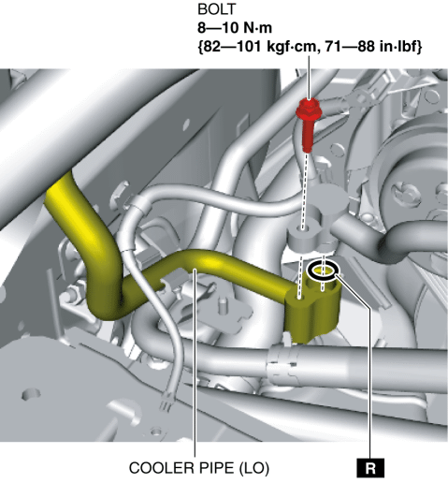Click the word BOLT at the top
216,9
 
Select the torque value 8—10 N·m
235,28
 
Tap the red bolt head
309,110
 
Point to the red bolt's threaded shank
308,136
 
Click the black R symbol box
370,468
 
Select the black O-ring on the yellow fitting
323,271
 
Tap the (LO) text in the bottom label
253,468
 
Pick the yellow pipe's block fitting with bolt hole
312,307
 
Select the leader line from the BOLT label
309,78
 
